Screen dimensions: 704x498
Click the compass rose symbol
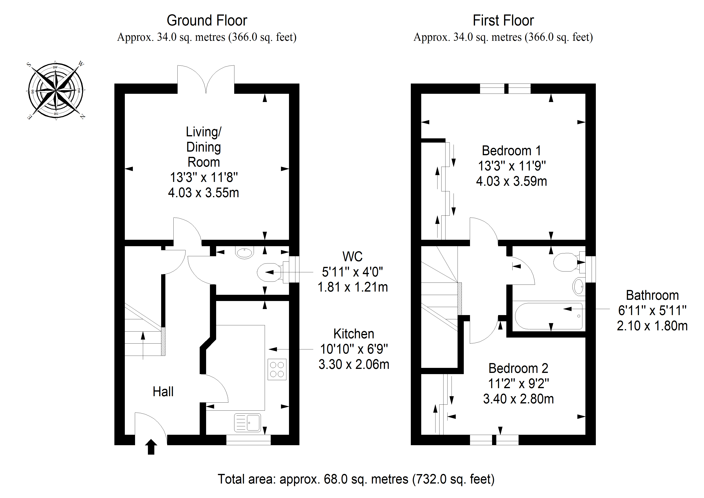coord(56,90)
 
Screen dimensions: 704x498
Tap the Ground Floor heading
coord(207,20)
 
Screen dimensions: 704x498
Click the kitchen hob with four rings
coord(277,369)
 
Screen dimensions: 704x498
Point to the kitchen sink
coord(247,422)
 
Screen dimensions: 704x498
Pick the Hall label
coord(163,392)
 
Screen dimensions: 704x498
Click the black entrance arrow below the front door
coord(151,447)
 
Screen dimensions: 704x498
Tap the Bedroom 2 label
coord(518,368)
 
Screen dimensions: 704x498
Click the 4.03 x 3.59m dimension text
coord(511,181)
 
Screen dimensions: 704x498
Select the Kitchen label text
coord(354,334)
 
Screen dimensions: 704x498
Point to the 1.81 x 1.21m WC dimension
coord(353,287)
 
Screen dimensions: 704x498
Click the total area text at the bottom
coord(356,479)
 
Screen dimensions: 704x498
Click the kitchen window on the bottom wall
coord(248,440)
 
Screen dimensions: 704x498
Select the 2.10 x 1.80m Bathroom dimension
coord(652,326)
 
